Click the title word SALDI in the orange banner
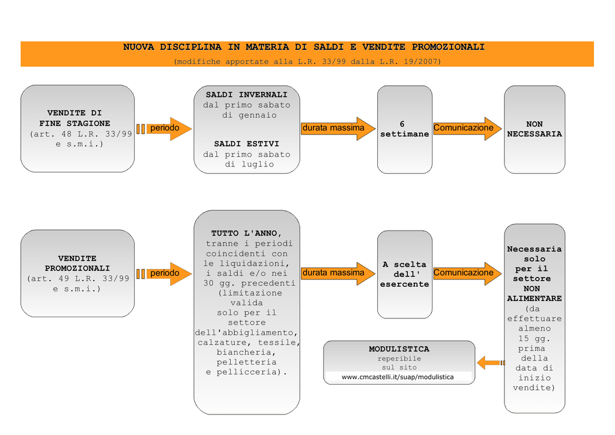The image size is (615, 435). (x=329, y=47)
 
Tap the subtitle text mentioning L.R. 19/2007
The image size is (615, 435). (x=307, y=61)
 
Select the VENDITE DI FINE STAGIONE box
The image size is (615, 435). (x=77, y=129)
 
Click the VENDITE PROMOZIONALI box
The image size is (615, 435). (x=77, y=273)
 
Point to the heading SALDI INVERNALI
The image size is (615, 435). (x=247, y=95)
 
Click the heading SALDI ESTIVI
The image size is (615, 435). (x=247, y=144)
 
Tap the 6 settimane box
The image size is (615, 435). (x=405, y=129)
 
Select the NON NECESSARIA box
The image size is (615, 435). (x=535, y=129)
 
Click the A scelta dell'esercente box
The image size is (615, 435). (x=405, y=275)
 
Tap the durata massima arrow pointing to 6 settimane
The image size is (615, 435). (x=338, y=128)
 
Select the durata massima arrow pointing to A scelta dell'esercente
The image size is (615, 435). (x=338, y=273)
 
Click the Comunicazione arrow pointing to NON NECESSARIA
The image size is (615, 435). (x=467, y=128)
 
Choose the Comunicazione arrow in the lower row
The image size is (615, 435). (x=467, y=273)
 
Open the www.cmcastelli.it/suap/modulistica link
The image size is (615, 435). (x=398, y=377)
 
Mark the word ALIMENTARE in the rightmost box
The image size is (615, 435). (x=535, y=299)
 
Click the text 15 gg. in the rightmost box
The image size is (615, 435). (x=534, y=338)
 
